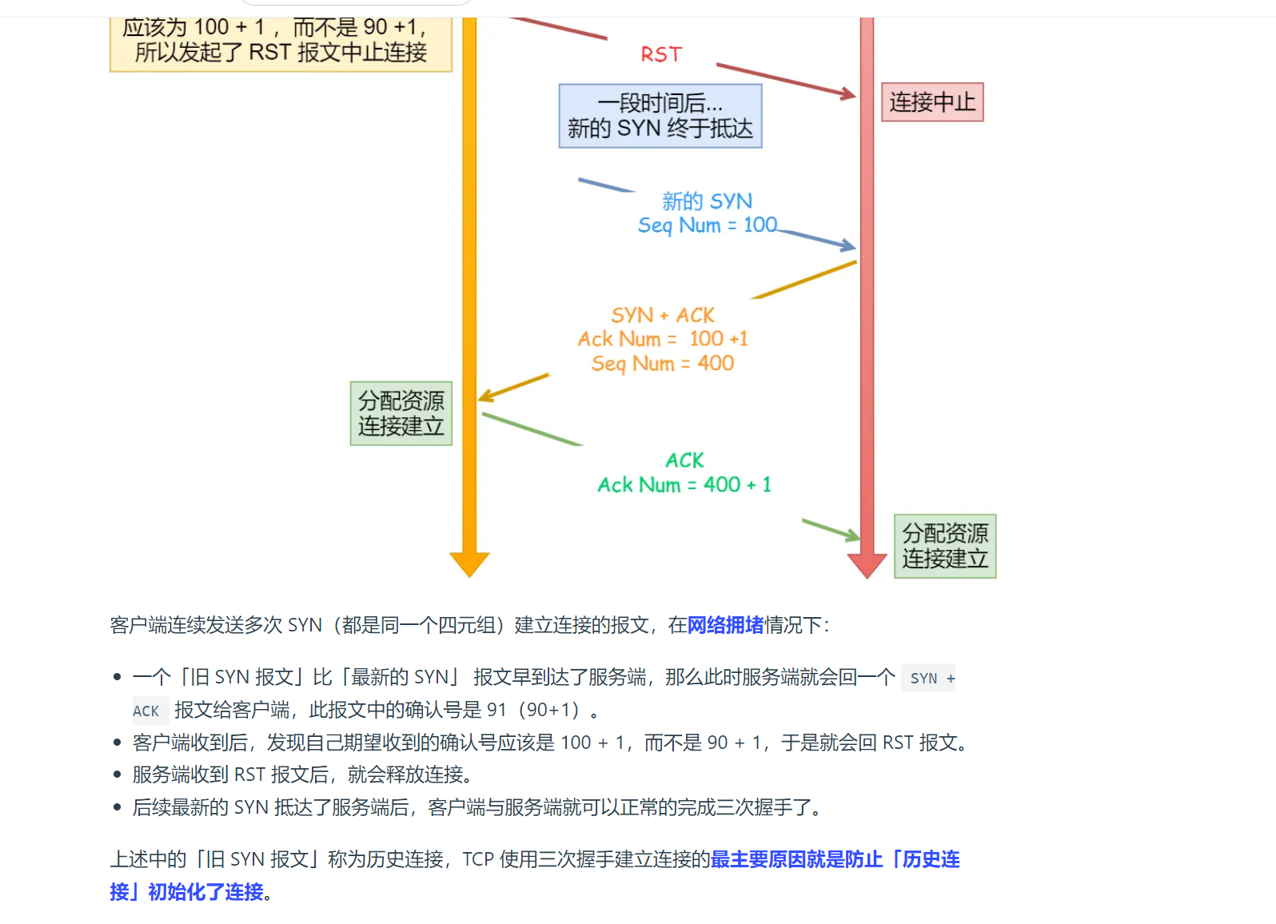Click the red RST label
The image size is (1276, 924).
pos(661,54)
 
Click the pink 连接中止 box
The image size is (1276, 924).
pos(932,102)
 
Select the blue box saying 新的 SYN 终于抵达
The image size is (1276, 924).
pos(660,116)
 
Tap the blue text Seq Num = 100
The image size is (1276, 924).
pos(707,225)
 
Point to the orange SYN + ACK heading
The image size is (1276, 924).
pos(663,315)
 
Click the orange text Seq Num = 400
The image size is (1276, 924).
pos(663,364)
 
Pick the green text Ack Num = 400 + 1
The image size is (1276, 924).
pos(684,485)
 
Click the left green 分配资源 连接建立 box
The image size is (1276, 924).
pos(401,413)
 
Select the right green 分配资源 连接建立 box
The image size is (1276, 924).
pos(945,546)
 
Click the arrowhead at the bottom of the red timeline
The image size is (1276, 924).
pos(867,566)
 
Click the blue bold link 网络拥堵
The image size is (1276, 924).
pos(726,625)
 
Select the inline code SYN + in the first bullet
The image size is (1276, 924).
pos(929,679)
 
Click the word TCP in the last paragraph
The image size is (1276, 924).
pos(478,859)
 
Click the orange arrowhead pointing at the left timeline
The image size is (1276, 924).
pos(485,396)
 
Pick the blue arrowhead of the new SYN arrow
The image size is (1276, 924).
pos(848,245)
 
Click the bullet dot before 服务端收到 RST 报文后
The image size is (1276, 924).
pos(117,775)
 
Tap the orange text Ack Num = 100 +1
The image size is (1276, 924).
pos(663,339)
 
